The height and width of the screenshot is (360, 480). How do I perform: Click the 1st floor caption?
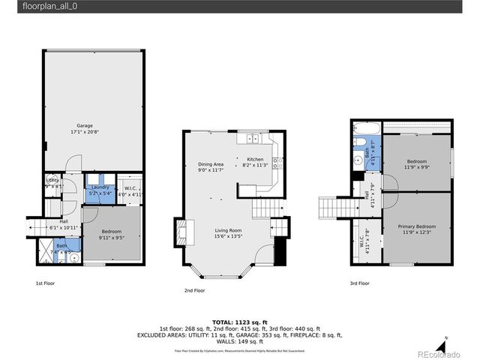point(45,283)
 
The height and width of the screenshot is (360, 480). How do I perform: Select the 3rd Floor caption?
point(359,283)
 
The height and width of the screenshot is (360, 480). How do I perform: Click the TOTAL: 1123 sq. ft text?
point(240,322)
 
